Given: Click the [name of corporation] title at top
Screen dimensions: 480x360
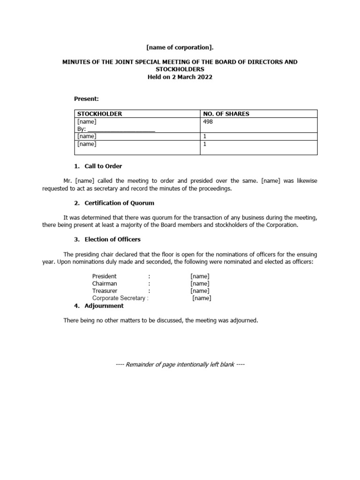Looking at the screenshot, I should point(180,48).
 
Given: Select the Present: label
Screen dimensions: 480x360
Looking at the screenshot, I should point(87,99).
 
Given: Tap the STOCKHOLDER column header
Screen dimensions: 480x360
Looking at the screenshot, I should point(99,114).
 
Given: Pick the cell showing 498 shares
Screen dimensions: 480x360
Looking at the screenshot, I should point(207,121).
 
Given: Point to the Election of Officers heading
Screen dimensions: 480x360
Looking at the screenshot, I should point(112,240).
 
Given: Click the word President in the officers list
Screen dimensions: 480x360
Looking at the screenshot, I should point(105,276).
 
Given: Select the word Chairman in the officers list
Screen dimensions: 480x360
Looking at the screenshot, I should point(105,284).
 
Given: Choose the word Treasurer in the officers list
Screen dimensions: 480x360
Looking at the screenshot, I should point(105,291).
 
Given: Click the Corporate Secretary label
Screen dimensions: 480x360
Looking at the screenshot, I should point(119,298).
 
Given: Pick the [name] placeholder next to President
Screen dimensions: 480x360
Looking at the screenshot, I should point(200,276).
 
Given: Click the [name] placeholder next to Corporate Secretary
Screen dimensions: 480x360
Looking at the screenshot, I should point(202,298).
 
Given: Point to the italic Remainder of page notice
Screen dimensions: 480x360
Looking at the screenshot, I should point(180,365).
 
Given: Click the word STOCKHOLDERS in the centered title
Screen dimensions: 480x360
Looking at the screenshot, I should point(180,69).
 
